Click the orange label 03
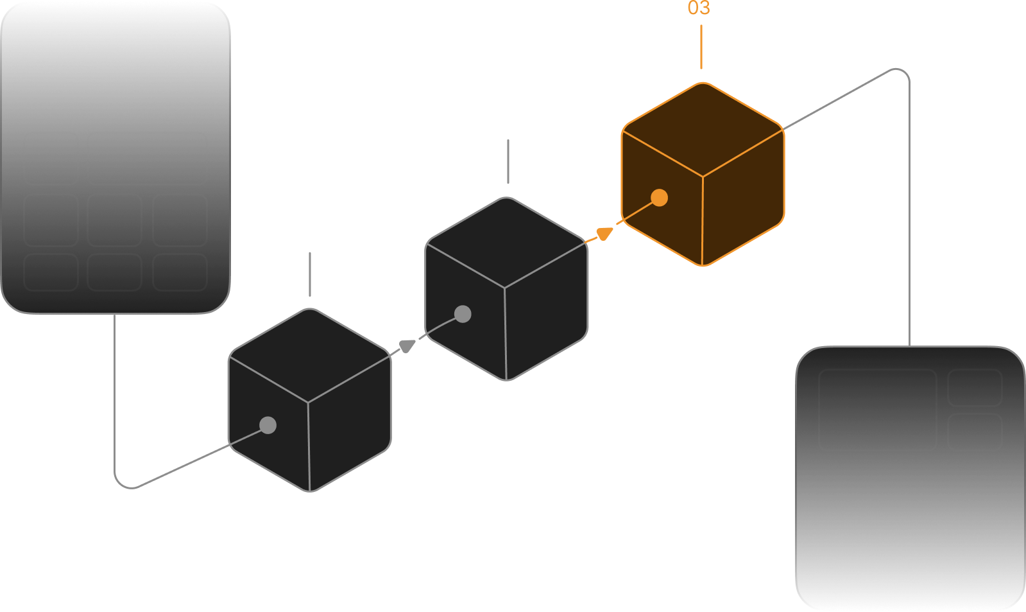[699, 8]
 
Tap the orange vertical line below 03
[701, 47]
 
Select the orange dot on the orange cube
[659, 198]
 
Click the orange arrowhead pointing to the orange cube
[604, 233]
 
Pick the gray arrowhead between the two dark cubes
[407, 346]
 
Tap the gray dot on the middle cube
[463, 314]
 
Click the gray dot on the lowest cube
[268, 425]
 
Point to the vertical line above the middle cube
[508, 161]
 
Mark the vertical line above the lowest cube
[310, 274]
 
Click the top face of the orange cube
[703, 129]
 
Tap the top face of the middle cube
[506, 243]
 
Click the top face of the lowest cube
[309, 355]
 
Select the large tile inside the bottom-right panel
[877, 409]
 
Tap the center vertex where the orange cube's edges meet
[703, 177]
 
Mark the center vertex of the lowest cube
[308, 403]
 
